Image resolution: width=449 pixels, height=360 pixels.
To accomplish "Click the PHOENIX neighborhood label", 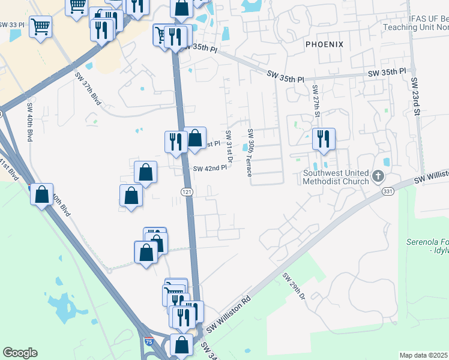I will tap(324, 44).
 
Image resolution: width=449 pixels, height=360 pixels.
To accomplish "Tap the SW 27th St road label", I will tap(316, 100).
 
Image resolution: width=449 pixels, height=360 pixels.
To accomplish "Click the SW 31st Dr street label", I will tap(229, 146).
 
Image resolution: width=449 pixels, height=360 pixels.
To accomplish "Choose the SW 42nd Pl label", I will tap(209, 168).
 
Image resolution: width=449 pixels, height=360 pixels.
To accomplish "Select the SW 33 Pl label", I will tap(12, 25).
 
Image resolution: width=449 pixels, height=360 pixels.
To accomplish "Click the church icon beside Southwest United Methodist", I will tap(378, 176).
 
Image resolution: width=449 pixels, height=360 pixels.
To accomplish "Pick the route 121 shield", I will tap(187, 191).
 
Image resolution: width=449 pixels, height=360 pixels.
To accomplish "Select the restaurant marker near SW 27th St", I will tap(324, 139).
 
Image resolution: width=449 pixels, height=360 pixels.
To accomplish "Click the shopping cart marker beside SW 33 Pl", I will tap(40, 26).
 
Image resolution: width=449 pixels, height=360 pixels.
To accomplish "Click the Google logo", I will tap(20, 353).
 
